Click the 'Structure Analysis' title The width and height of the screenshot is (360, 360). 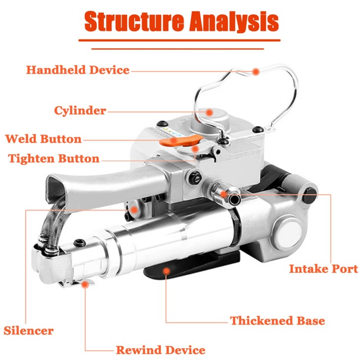tap(181, 21)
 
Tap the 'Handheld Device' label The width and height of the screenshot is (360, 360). tap(78, 70)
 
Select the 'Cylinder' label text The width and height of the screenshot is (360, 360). tap(80, 110)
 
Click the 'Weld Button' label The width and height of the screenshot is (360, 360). tap(43, 139)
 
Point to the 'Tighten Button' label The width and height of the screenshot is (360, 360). tap(54, 158)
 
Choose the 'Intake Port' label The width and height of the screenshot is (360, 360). tap(324, 269)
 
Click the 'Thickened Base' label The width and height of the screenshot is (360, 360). tap(277, 321)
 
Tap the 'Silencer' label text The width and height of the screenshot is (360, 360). tap(29, 330)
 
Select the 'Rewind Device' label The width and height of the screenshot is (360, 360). tap(160, 350)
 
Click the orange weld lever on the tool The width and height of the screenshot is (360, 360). tap(181, 141)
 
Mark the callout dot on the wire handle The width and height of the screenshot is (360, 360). tap(255, 72)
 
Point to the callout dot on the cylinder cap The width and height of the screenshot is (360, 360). tap(209, 112)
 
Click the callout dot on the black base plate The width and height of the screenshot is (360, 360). tap(166, 271)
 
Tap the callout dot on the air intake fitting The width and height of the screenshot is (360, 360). tap(223, 194)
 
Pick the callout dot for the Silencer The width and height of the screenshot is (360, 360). tap(134, 210)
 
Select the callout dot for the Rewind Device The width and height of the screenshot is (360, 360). tap(85, 285)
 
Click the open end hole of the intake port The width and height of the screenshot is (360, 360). tap(234, 199)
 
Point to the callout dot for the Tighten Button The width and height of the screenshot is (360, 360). tap(195, 149)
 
